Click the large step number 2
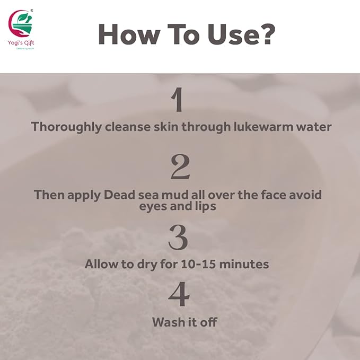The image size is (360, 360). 179,167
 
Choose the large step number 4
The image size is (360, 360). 179,295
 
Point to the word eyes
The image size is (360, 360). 155,207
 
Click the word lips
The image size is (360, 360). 205,207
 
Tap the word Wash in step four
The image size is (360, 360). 166,322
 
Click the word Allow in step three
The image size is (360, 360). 102,264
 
